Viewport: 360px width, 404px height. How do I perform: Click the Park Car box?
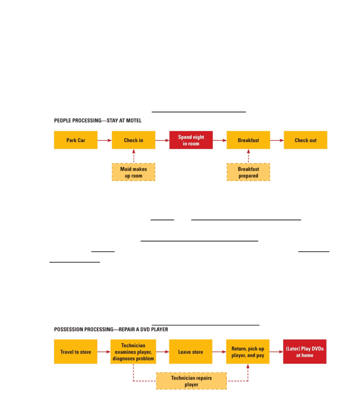[x=75, y=140]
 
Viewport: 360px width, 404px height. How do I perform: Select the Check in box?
[x=134, y=140]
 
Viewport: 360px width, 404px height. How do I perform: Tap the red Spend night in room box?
[x=191, y=140]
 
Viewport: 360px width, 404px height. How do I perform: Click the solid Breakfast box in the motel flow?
[x=248, y=140]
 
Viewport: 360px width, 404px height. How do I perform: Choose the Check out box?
[x=306, y=140]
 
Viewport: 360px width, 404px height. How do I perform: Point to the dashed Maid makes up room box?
[x=134, y=172]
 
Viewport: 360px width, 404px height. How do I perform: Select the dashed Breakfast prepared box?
[x=248, y=172]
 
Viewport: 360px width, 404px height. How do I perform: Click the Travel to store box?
[x=75, y=352]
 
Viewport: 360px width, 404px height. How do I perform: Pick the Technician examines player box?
[x=133, y=352]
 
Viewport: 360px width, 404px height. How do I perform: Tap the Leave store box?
[x=191, y=352]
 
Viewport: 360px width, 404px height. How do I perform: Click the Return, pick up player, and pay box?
[x=248, y=352]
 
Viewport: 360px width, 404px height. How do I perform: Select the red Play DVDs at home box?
[x=305, y=352]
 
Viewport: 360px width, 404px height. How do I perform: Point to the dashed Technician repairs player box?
[x=191, y=381]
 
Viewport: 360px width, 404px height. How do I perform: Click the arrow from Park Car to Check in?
[x=105, y=140]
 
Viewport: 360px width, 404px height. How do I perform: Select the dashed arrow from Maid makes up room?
[x=134, y=156]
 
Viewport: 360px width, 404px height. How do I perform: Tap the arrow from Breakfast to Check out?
[x=277, y=140]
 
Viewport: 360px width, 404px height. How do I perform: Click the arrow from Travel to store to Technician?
[x=104, y=352]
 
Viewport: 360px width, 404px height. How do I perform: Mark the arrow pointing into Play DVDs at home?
[x=276, y=352]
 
